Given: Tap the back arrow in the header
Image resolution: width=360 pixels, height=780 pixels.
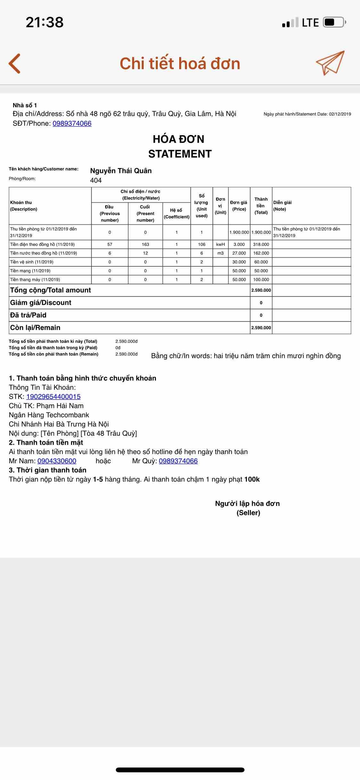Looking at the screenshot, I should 15,63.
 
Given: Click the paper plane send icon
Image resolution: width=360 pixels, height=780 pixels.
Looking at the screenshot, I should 330,62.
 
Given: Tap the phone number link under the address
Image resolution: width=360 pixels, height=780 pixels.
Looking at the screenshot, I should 72,124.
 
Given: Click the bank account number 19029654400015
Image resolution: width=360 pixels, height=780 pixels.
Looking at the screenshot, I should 53,397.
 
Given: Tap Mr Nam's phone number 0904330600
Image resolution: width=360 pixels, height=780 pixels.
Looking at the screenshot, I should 57,461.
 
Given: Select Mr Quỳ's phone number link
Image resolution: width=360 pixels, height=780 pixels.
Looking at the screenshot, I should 178,461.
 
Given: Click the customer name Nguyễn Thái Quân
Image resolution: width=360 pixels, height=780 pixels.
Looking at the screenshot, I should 121,171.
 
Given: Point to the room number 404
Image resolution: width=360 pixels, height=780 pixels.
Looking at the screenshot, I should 96,180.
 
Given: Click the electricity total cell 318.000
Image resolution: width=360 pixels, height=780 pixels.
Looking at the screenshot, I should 261,244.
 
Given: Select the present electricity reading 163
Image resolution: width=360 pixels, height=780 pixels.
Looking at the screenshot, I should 146,244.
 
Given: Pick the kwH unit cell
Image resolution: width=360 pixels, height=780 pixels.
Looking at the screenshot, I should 220,244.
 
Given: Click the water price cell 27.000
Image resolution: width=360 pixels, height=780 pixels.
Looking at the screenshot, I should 239,253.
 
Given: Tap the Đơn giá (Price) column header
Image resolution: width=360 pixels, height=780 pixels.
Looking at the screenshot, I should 239,206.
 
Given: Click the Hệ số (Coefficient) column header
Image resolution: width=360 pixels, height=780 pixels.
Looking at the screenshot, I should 177,213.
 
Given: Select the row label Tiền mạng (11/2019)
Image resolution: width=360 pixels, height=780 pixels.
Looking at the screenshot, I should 30,271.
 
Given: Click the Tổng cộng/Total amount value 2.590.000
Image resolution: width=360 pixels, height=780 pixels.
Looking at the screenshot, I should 261,290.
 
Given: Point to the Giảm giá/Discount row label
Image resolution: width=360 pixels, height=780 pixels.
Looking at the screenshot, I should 41,303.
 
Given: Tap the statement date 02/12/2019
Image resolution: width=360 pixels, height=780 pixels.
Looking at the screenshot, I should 340,114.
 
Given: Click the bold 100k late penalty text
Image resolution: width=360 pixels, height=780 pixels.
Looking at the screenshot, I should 252,479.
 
